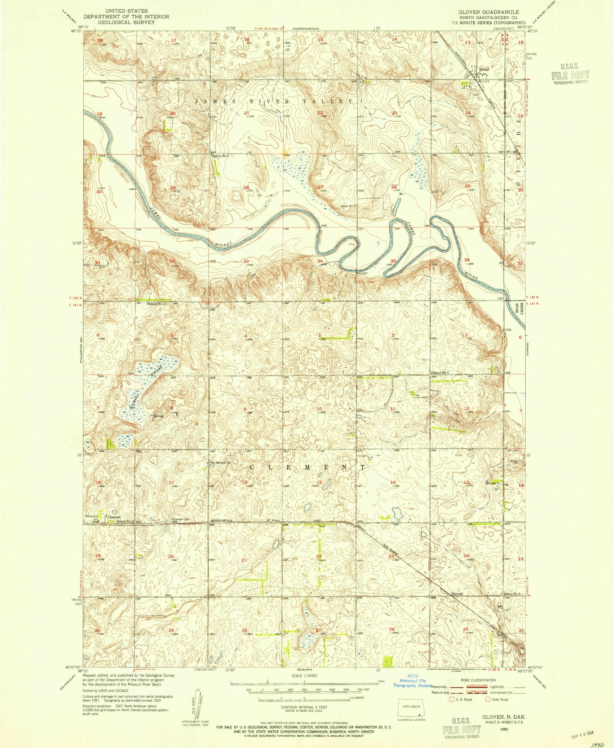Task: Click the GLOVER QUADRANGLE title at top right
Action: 489,12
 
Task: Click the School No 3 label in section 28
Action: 221,156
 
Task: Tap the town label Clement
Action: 114,517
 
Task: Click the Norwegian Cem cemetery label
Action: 180,520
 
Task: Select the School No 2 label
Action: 440,373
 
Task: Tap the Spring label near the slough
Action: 158,416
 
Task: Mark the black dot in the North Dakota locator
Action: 421,715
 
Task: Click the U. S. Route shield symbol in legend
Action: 451,699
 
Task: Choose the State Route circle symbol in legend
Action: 488,699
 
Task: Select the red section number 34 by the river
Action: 320,261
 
